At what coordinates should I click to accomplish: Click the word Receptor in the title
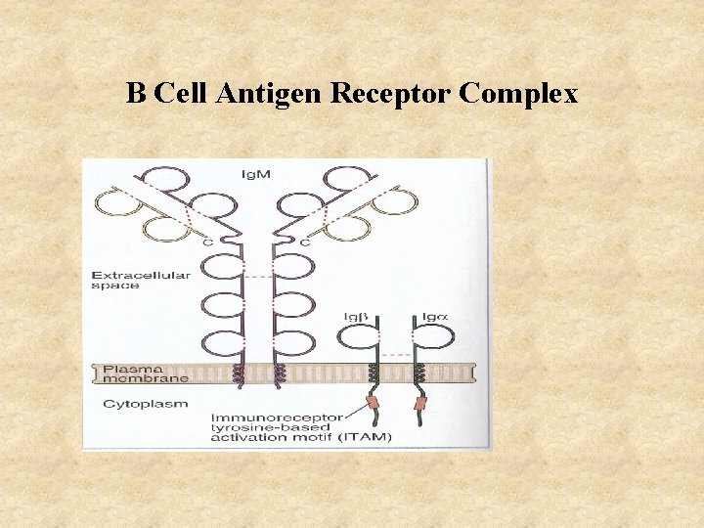[x=392, y=94]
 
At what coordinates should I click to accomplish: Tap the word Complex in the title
[x=518, y=94]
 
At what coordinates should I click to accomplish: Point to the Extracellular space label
[x=141, y=280]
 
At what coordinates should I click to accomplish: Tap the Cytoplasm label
[x=146, y=402]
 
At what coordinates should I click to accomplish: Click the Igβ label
[x=355, y=317]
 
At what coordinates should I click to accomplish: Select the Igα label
[x=435, y=317]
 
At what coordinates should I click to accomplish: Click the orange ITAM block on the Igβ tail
[x=372, y=403]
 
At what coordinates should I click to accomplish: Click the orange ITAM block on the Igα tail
[x=419, y=403]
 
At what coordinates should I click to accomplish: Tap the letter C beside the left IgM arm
[x=207, y=242]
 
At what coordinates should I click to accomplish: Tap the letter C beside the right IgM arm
[x=306, y=242]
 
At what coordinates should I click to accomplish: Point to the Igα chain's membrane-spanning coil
[x=418, y=373]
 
